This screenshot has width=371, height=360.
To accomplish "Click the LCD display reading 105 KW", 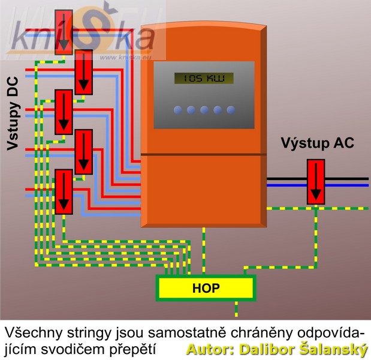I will (203, 79).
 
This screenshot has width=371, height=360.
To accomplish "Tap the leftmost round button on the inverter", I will (178, 110).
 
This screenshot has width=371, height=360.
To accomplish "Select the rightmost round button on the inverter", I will (228, 110).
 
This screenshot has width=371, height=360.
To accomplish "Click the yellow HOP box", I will (206, 288).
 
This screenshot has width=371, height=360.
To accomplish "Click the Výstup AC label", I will (317, 143).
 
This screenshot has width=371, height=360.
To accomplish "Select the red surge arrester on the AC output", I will (315, 181).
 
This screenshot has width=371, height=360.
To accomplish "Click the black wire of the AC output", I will (348, 179).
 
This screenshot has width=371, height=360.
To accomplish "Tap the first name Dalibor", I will (263, 349).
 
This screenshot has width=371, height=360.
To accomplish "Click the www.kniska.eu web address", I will (126, 58).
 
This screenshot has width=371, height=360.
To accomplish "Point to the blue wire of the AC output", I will (348, 185).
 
